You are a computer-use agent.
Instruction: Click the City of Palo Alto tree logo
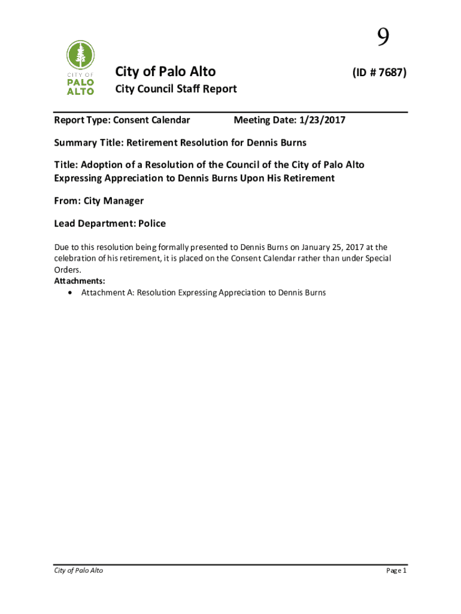pos(80,67)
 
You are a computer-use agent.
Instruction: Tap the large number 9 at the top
pos(383,39)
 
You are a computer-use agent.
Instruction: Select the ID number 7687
pos(389,73)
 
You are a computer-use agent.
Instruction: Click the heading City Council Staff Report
pos(175,89)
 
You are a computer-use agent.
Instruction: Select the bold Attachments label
pos(80,281)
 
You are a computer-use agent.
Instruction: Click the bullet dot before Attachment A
pos(71,293)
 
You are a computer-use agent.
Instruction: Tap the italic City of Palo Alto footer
pos(78,570)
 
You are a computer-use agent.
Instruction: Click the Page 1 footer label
pos(396,570)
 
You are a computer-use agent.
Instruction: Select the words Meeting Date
pos(262,121)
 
